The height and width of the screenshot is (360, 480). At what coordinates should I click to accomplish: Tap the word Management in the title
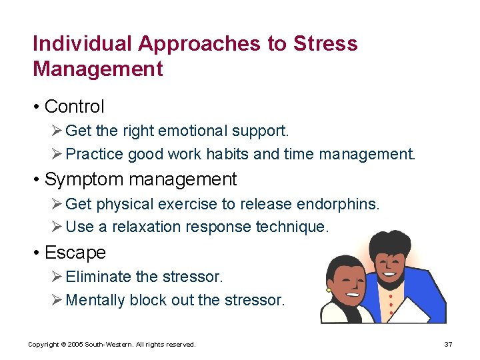pyautogui.click(x=97, y=69)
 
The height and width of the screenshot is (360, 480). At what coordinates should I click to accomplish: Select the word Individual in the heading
pyautogui.click(x=83, y=44)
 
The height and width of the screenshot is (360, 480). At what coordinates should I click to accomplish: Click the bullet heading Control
pyautogui.click(x=74, y=106)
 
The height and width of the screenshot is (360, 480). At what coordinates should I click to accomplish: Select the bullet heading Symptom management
pyautogui.click(x=140, y=179)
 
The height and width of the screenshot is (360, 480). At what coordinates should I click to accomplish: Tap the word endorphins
pyautogui.click(x=340, y=203)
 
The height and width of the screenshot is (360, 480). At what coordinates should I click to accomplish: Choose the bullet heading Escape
pyautogui.click(x=75, y=253)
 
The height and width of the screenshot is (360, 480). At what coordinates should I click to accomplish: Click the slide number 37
pyautogui.click(x=448, y=344)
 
